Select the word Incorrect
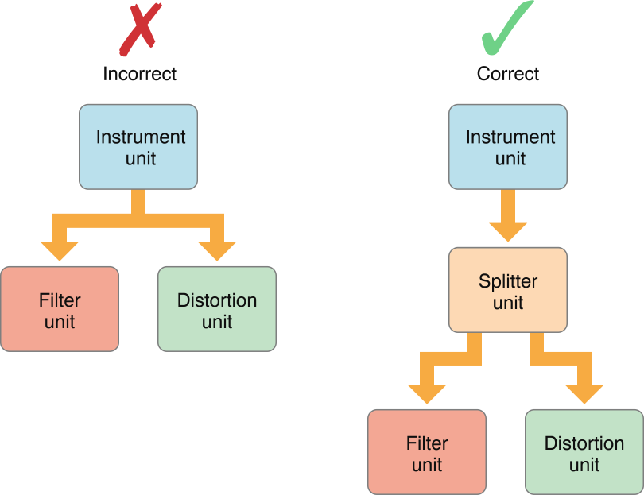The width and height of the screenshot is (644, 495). (x=139, y=74)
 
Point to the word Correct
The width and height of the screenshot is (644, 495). (x=508, y=74)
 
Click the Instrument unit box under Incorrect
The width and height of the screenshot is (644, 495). (x=138, y=147)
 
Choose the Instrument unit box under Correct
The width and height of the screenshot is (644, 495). (x=508, y=147)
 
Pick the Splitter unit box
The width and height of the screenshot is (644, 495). (x=508, y=290)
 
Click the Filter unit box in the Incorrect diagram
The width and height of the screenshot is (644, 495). (x=60, y=309)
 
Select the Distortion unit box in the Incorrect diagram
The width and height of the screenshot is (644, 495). (x=217, y=309)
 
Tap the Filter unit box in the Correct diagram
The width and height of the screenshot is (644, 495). (x=427, y=452)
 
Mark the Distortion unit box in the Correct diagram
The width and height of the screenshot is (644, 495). (x=584, y=452)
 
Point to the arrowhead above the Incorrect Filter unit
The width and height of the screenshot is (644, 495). (x=60, y=249)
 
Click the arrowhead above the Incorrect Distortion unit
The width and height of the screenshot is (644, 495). (x=217, y=249)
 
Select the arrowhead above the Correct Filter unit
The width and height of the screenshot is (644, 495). (x=427, y=393)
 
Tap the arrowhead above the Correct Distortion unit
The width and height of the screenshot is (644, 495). (x=584, y=393)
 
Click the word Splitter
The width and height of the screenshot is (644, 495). (x=508, y=281)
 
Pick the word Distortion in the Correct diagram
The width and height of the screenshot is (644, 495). (x=584, y=443)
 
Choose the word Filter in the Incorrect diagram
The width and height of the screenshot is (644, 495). (x=60, y=300)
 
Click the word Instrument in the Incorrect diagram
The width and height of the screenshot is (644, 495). (x=141, y=137)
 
